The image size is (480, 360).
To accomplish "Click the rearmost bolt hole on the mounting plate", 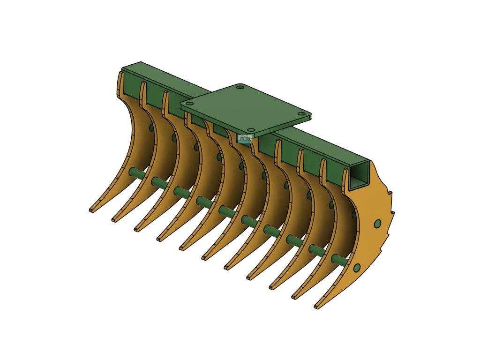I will coord(240,87).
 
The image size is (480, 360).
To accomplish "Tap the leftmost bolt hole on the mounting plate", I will coord(189,104).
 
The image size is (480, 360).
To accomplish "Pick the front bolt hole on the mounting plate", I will coord(251,130).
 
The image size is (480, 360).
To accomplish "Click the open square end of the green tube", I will coord(360,176).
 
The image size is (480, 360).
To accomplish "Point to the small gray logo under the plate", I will coord(244,138).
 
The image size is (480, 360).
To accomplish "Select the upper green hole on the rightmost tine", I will coord(377,224).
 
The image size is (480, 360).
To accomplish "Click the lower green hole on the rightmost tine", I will coord(357,268).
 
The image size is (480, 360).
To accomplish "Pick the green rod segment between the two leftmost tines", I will coord(136,172).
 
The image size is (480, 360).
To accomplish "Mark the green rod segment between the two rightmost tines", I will coord(339,259).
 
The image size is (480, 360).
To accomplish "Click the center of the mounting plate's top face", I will coord(246,108).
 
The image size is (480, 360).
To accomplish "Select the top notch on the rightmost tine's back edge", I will coord(389,193).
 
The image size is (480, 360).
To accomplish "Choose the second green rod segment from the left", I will coord(158,182).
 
